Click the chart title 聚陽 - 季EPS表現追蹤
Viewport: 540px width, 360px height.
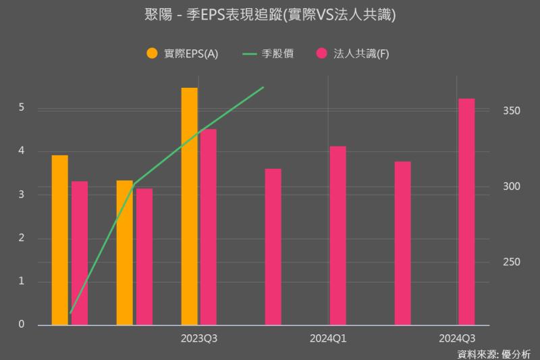[270, 14]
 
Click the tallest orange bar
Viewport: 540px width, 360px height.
[190, 206]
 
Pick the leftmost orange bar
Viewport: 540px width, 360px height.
[60, 240]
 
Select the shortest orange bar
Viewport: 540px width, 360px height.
[125, 253]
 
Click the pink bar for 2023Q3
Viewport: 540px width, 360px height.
[209, 227]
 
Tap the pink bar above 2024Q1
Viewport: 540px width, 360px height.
[338, 235]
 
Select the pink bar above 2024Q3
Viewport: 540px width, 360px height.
[466, 211]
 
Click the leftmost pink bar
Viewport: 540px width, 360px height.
[80, 253]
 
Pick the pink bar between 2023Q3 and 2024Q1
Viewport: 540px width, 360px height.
[273, 247]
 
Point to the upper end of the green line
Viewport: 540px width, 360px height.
[263, 87]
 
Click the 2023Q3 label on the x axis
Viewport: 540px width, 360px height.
[199, 337]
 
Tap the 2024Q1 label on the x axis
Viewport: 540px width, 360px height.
[328, 337]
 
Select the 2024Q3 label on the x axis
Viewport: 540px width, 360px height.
[457, 337]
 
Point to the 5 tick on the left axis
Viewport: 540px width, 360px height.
[22, 107]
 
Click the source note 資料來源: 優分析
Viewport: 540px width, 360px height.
[494, 353]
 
